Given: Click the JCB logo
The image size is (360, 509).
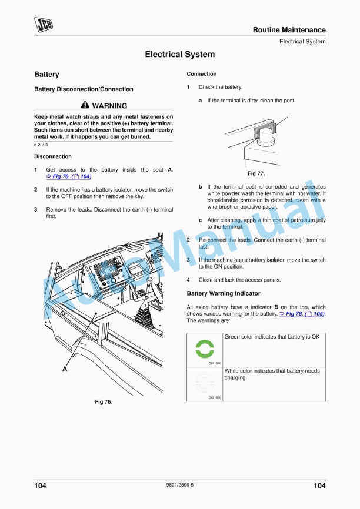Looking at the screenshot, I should coord(44,24).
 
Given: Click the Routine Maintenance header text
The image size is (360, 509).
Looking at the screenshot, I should coord(289,30).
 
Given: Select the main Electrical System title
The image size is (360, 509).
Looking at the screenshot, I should coord(179,55).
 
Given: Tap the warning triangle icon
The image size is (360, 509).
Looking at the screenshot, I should coord(85,106).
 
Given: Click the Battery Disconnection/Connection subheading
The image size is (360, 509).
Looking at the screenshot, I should coord(81,89).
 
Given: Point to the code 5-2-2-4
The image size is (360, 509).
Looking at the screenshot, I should coord(41,144).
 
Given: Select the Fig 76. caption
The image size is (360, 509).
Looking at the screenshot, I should coord(104,402).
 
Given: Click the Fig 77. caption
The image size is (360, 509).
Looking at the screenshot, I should coord(256,173).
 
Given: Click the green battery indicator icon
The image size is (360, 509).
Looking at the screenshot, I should coord(205,348).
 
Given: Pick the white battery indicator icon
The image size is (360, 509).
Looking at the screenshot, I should coord(205,383).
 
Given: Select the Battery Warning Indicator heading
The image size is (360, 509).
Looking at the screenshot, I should coord(223,293).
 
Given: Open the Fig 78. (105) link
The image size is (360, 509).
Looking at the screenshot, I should coord(302,314).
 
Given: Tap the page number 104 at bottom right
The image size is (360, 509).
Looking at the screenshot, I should coord(319,485).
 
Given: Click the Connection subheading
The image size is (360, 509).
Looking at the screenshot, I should coord(201,74).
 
